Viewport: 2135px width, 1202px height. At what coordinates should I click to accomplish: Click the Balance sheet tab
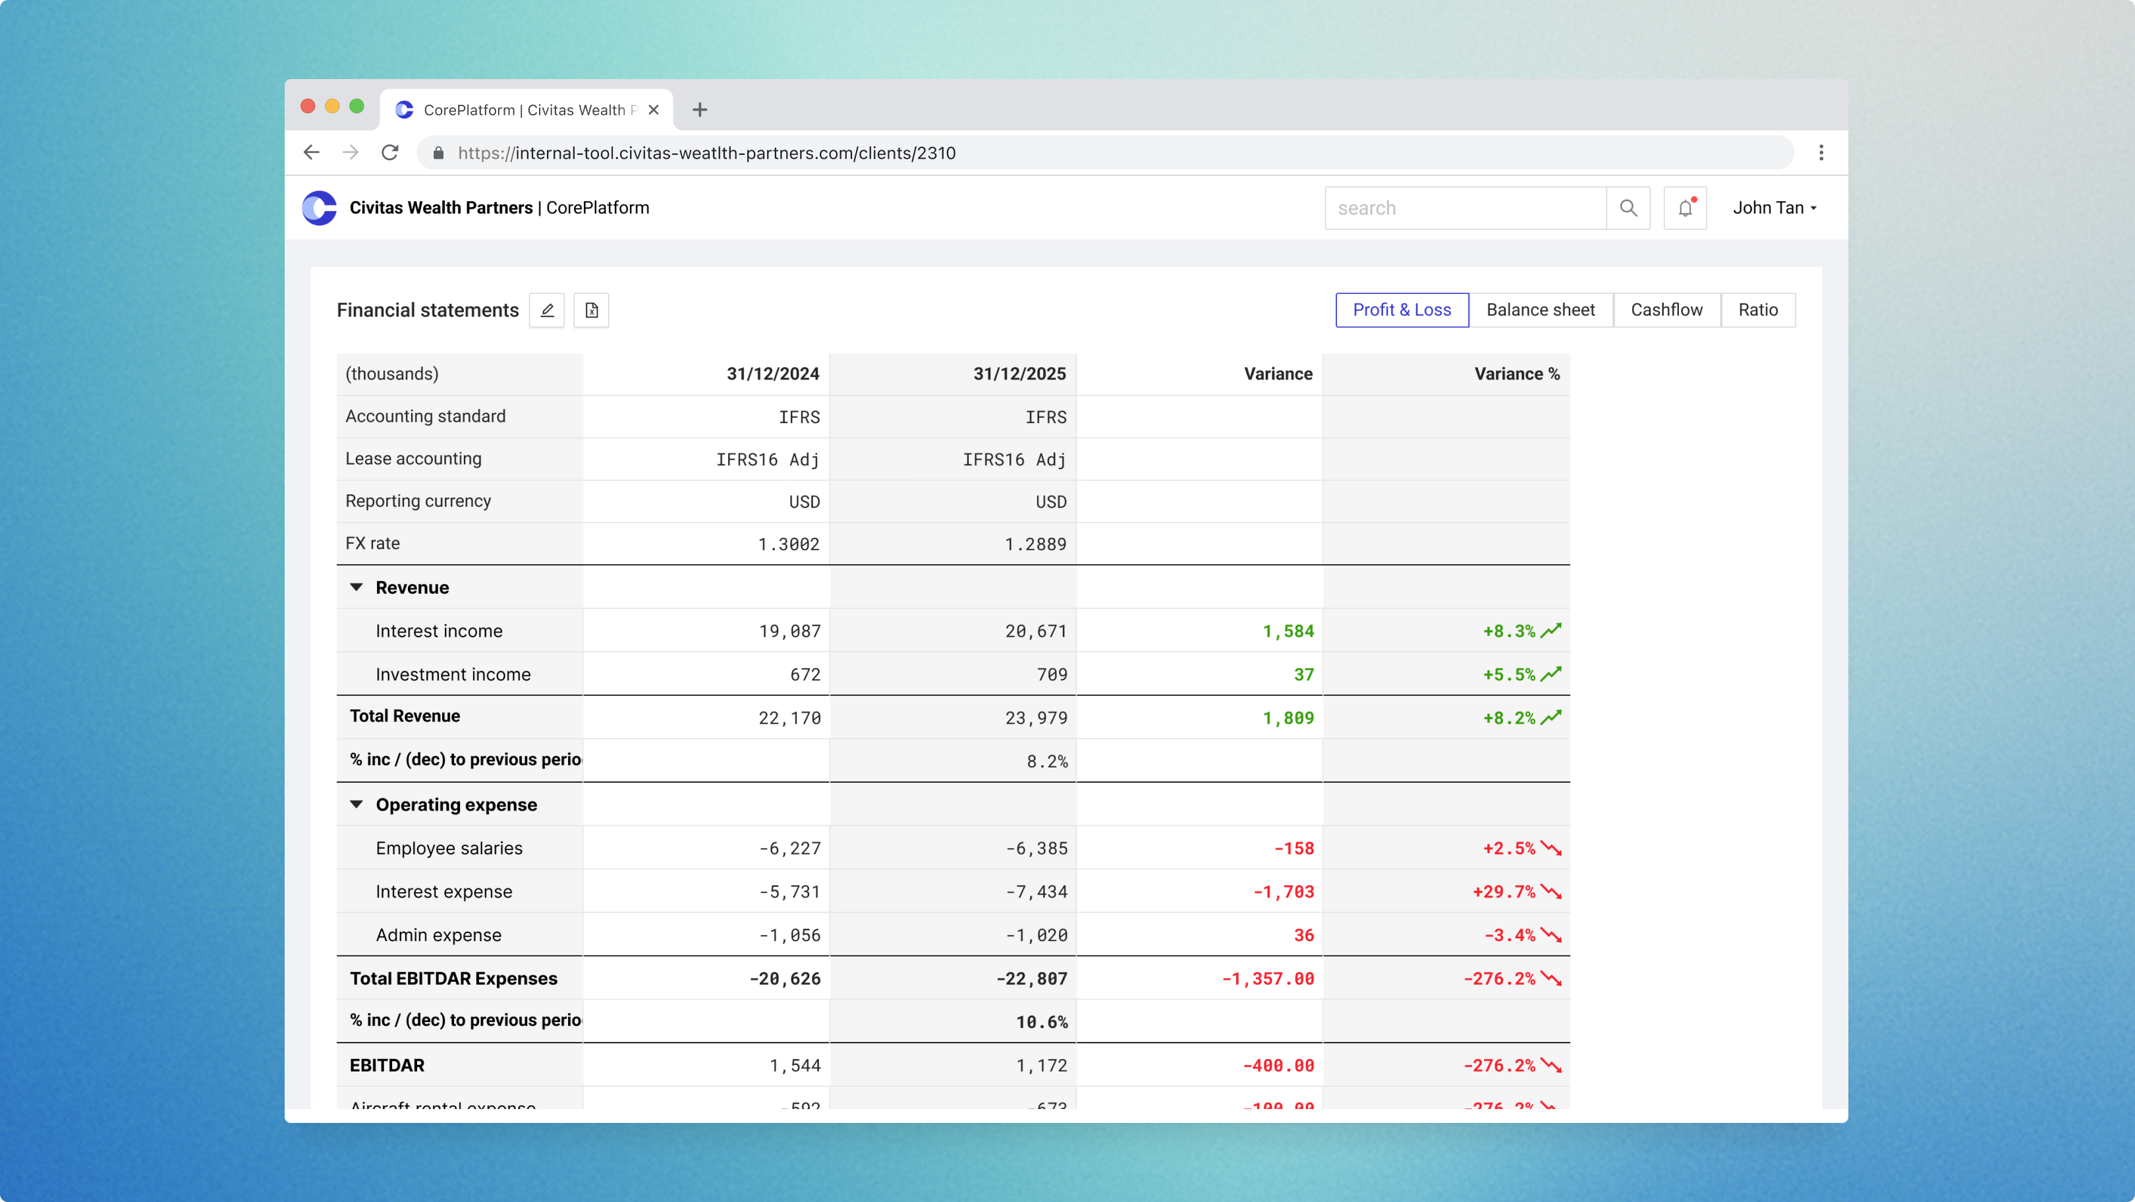click(1540, 310)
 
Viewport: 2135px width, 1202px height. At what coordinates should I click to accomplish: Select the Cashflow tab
click(1666, 310)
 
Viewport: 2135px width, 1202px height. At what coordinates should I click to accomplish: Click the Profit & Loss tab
click(1402, 310)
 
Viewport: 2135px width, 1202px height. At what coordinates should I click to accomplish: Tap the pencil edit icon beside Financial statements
click(547, 310)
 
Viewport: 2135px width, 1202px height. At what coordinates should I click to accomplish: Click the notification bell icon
click(1685, 208)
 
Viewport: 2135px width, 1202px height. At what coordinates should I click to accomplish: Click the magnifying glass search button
click(1628, 208)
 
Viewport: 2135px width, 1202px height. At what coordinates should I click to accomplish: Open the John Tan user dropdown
click(1774, 208)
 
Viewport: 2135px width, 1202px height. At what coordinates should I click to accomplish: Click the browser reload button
click(389, 152)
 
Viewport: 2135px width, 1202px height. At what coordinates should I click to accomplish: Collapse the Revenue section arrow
click(356, 587)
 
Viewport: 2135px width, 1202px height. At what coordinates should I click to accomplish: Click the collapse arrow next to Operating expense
click(356, 804)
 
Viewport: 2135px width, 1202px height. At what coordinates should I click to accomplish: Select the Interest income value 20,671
click(1035, 631)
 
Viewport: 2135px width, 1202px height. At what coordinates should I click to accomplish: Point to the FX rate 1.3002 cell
click(788, 544)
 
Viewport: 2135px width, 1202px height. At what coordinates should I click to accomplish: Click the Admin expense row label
click(438, 935)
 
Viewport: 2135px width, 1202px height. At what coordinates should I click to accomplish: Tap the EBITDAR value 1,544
click(794, 1065)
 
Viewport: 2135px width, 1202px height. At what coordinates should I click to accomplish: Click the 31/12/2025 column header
click(1019, 374)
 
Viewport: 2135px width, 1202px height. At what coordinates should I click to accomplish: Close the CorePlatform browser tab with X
click(653, 109)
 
